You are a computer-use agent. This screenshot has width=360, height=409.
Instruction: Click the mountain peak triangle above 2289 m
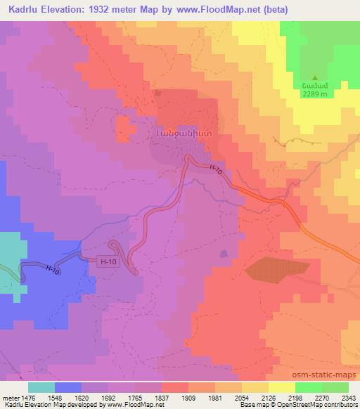(315, 77)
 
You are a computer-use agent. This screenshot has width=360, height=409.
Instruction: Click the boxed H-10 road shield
(105, 260)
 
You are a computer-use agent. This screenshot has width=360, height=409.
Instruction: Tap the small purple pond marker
(224, 252)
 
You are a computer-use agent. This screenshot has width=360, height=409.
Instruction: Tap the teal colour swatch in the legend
(41, 387)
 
